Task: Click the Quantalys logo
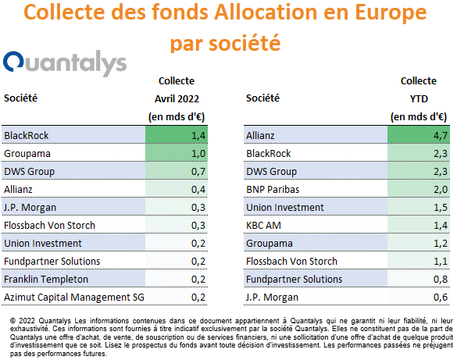pyautogui.click(x=65, y=63)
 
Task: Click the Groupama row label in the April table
pyautogui.click(x=27, y=154)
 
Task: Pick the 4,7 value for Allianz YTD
pyautogui.click(x=440, y=135)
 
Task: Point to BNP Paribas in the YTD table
pyautogui.click(x=273, y=189)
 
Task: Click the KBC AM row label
pyautogui.click(x=263, y=226)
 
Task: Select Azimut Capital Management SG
pyautogui.click(x=74, y=297)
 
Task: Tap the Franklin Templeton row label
pyautogui.click(x=46, y=279)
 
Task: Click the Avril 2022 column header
pyautogui.click(x=177, y=98)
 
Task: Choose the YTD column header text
pyautogui.click(x=419, y=98)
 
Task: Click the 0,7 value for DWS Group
pyautogui.click(x=198, y=171)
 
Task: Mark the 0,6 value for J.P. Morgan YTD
pyautogui.click(x=440, y=297)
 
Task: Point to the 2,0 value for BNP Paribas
pyautogui.click(x=440, y=189)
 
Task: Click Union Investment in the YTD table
pyautogui.click(x=285, y=208)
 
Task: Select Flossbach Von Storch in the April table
pyautogui.click(x=49, y=226)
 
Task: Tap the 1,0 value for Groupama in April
pyautogui.click(x=198, y=154)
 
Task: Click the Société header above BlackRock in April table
pyautogui.click(x=20, y=98)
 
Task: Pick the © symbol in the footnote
pyautogui.click(x=12, y=321)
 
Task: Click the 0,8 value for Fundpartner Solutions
pyautogui.click(x=440, y=279)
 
